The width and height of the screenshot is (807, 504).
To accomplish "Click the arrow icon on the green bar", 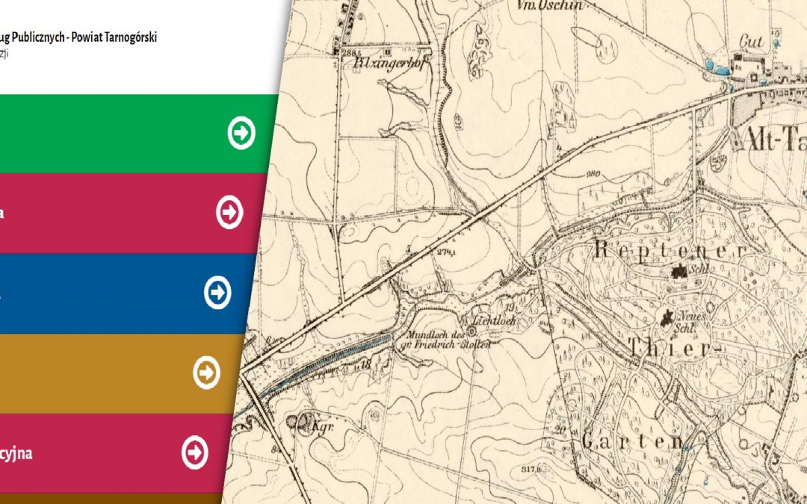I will pos(241,133).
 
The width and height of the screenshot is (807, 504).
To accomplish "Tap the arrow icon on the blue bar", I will pos(217,293).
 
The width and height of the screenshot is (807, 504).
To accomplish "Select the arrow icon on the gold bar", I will pos(206,373).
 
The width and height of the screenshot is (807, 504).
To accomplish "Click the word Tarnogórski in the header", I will pos(130,37).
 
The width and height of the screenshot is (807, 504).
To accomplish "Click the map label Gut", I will pos(751,42).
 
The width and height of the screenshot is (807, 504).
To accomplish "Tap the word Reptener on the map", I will pos(671,250).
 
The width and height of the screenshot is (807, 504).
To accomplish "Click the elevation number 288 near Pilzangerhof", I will pos(347,54).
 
